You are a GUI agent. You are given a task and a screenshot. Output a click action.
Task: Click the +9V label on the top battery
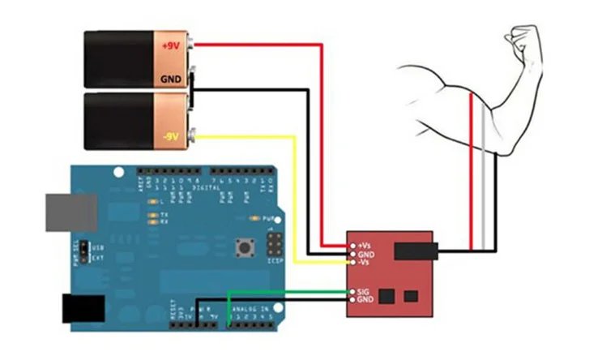[170, 46]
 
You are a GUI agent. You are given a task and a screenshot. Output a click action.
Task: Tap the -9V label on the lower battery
[170, 136]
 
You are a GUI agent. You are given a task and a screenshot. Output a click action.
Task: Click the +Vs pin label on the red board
[365, 244]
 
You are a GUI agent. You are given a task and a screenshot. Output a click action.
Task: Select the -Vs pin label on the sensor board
[365, 263]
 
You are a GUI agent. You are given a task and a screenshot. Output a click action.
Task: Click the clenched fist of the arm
[519, 37]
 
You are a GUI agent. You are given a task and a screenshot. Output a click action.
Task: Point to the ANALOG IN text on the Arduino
[250, 308]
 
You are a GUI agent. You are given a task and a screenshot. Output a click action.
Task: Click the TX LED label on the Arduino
[164, 215]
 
